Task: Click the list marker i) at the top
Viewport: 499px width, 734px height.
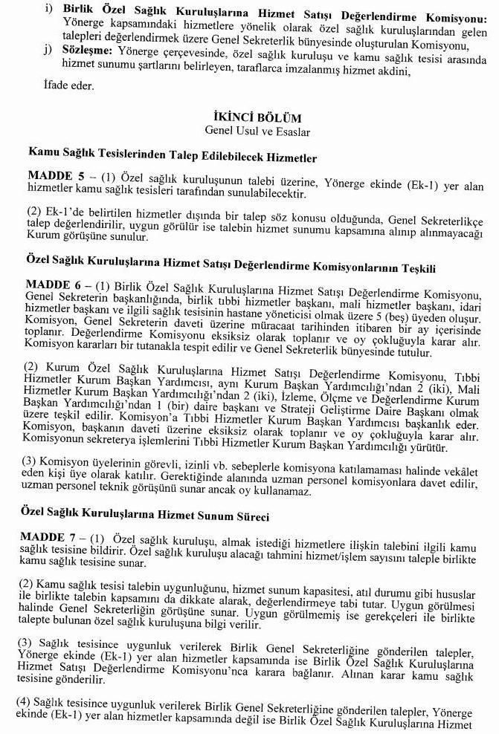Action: (x=49, y=8)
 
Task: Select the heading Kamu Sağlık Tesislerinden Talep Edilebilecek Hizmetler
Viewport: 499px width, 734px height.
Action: (x=173, y=158)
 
